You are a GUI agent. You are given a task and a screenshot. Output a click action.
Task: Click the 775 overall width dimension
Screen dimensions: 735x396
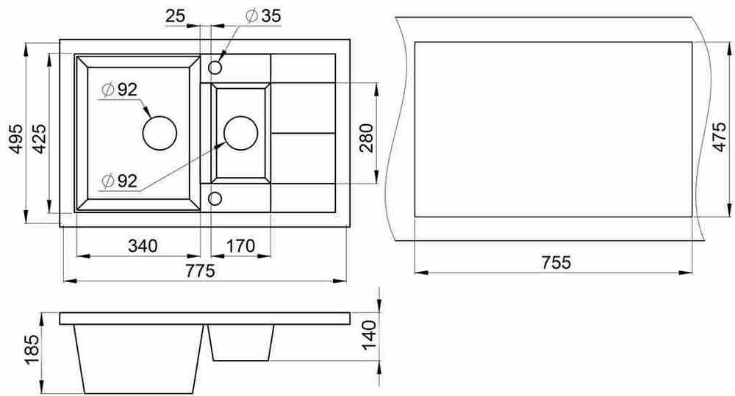tap(200, 271)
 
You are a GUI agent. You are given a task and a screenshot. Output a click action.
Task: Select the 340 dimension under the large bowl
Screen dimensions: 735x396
tap(143, 245)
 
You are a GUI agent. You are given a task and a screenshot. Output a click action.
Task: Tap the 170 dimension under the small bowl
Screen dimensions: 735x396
tap(240, 245)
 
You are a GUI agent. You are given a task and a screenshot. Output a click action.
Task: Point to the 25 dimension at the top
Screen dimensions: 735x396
tap(176, 16)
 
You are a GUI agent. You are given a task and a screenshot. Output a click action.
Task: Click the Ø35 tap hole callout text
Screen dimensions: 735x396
tap(263, 15)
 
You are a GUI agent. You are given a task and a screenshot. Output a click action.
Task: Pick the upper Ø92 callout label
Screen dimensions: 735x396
tap(120, 89)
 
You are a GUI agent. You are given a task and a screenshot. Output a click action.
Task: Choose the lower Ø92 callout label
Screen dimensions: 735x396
tap(120, 181)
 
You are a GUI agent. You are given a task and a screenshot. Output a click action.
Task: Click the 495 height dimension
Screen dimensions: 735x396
tap(16, 139)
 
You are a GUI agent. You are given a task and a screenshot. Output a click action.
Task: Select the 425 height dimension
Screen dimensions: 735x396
tap(39, 139)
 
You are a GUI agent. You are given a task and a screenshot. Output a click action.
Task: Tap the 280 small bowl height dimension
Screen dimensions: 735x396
tap(367, 138)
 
